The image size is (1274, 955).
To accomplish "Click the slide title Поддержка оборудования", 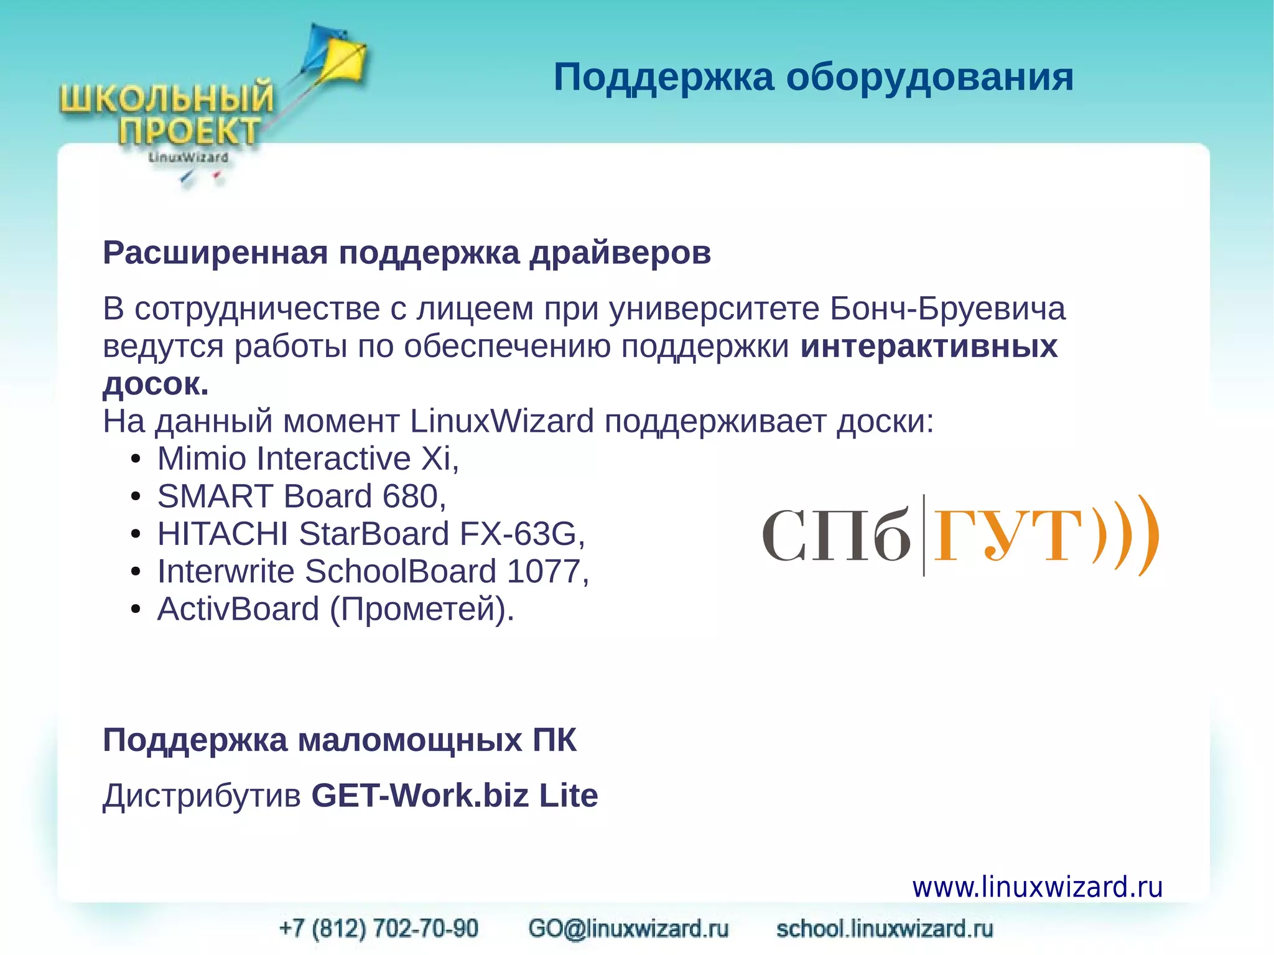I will point(813,77).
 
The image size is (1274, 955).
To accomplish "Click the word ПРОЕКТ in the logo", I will point(189,131).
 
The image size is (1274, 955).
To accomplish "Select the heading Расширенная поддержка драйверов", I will point(407,253).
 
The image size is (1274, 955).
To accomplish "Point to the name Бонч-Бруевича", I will point(947,309).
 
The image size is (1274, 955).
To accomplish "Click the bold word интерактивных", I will point(929,346).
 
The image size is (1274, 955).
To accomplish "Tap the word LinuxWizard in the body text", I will point(501,421).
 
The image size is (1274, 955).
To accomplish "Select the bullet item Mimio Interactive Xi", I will point(307,459).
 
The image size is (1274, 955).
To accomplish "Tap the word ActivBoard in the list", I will point(238,608).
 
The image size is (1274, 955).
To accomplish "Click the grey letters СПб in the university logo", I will point(836,536).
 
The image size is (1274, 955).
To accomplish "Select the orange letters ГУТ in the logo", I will point(1008,536).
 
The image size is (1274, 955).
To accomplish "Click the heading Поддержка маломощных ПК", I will point(340,740).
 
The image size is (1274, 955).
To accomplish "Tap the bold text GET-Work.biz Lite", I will point(454,796).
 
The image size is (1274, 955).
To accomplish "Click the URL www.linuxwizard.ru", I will point(1037,887).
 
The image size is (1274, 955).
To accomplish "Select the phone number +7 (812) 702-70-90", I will point(379,928).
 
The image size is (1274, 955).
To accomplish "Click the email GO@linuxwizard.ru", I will point(628,928).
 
